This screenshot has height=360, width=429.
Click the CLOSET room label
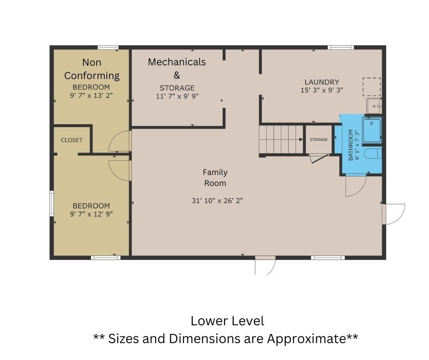(x=72, y=140)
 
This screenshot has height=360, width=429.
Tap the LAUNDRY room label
(x=322, y=82)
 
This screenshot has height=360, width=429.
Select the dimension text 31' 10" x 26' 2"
(x=217, y=201)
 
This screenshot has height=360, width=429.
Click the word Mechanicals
(x=177, y=62)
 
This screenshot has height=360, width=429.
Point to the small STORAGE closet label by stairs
(x=319, y=139)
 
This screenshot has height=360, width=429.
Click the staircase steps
(x=281, y=139)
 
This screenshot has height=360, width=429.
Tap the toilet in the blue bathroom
(x=373, y=154)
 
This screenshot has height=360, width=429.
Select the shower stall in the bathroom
(x=372, y=130)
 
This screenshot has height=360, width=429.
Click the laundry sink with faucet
(x=373, y=106)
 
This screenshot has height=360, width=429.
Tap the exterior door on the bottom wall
(x=265, y=265)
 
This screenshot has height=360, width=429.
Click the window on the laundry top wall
(x=340, y=48)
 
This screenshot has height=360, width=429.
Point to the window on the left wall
(x=52, y=204)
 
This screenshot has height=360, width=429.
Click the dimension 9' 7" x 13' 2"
(x=91, y=95)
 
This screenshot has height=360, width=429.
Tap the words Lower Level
(x=227, y=321)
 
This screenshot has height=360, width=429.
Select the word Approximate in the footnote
(x=306, y=339)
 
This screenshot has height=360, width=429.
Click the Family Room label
(x=215, y=178)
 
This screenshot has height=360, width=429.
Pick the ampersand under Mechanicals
(x=177, y=75)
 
